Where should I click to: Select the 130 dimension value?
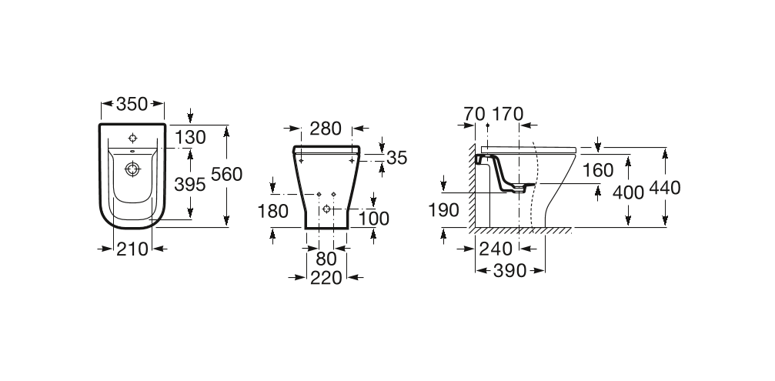click(x=190, y=138)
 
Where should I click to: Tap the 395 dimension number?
click(x=190, y=184)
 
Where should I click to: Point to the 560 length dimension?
click(x=227, y=175)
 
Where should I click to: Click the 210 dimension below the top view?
click(x=132, y=248)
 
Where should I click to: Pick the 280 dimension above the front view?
click(x=325, y=129)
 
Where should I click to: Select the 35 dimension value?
click(x=396, y=158)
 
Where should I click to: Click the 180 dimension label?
click(x=273, y=211)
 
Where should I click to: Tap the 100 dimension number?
click(x=375, y=218)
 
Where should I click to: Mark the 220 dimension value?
click(x=327, y=279)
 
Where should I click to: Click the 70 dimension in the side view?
click(x=474, y=114)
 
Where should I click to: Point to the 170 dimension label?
click(x=507, y=114)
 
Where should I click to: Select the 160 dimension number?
click(x=598, y=169)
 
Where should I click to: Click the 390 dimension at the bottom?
click(x=510, y=271)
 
